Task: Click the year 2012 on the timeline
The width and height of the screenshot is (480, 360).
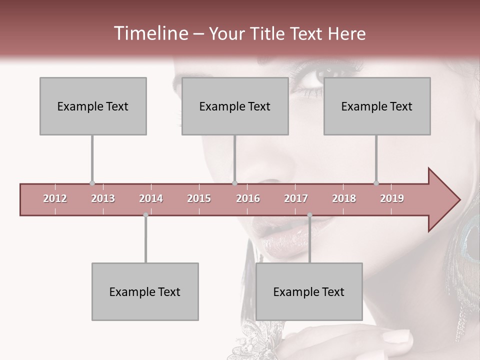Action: (x=55, y=198)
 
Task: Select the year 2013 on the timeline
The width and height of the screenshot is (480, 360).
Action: (x=103, y=198)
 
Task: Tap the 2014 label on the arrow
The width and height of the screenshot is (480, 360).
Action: (x=151, y=198)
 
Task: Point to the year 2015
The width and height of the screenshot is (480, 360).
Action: (x=199, y=198)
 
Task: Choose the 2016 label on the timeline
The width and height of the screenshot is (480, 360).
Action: (x=248, y=198)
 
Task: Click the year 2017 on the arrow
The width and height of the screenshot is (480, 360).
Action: (x=296, y=198)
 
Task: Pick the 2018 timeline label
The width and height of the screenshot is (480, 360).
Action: (x=344, y=198)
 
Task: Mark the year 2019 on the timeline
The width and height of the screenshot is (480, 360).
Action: (x=392, y=198)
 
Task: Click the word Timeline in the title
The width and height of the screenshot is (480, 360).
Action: (x=150, y=33)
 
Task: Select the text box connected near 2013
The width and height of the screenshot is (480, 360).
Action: (x=93, y=106)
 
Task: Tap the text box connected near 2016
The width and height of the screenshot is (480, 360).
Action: (x=235, y=106)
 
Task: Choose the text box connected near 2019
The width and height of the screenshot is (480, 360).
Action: (x=377, y=106)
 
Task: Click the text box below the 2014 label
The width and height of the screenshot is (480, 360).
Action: (x=145, y=291)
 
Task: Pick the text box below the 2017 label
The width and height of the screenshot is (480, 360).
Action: (x=309, y=291)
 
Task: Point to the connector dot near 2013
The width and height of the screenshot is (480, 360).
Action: (x=92, y=183)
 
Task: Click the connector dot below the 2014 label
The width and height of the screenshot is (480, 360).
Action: (x=145, y=215)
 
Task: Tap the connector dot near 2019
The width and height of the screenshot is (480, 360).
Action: (x=376, y=183)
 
